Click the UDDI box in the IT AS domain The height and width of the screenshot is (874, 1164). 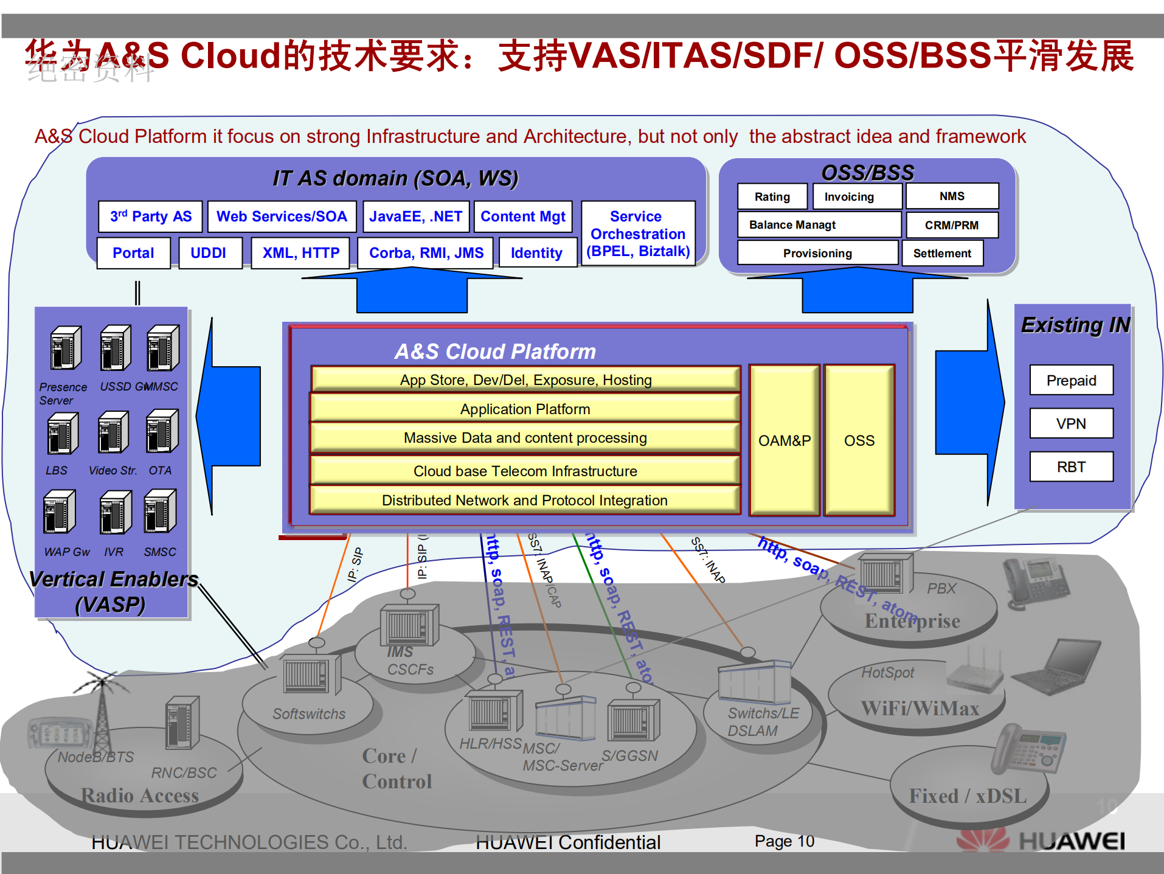209,253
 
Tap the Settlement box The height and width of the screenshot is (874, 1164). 942,253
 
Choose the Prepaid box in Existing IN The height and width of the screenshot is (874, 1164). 1071,380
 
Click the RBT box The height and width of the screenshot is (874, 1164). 1071,466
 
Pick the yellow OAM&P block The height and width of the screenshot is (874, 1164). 785,440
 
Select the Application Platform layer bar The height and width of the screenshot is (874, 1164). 525,409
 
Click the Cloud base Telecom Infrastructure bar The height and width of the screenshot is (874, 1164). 525,471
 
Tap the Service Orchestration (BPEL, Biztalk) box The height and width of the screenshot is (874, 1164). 638,234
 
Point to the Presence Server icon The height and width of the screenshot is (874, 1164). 66,349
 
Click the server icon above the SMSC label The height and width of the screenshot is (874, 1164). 160,512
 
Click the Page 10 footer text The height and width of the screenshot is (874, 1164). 784,841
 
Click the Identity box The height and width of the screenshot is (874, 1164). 536,253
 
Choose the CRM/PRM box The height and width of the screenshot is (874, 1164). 951,225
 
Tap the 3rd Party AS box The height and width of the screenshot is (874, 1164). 150,217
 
